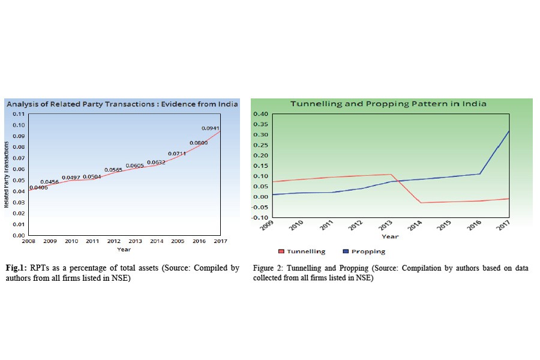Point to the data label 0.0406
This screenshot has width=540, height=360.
click(x=38, y=188)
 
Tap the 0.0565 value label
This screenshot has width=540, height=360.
click(x=113, y=170)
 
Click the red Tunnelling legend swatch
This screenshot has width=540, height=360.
click(x=281, y=252)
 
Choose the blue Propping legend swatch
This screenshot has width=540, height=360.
click(x=346, y=252)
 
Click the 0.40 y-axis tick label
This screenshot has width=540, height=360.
click(x=262, y=114)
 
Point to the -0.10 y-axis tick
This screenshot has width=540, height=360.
click(x=261, y=217)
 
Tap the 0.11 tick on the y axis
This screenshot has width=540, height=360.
click(x=19, y=114)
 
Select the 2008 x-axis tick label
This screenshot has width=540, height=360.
click(x=28, y=241)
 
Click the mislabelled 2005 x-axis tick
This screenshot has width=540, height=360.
click(x=178, y=241)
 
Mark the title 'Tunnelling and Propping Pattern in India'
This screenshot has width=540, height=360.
click(x=388, y=103)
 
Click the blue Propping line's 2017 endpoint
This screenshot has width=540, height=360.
click(x=509, y=131)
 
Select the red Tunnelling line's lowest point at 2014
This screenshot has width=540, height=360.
click(x=421, y=203)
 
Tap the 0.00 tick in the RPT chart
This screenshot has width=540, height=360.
click(x=19, y=235)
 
